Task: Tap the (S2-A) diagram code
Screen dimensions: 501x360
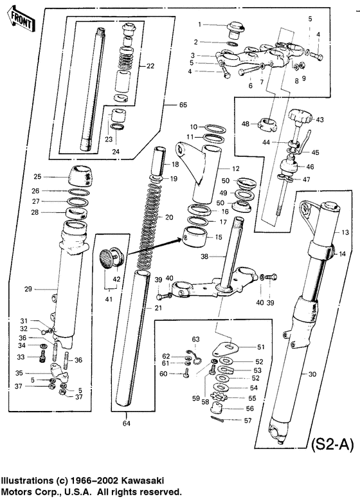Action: [332, 444]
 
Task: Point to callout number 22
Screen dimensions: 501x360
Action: [150, 66]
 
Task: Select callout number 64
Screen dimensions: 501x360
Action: [126, 423]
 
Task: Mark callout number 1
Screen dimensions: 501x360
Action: [200, 24]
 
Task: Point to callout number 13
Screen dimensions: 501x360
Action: [345, 232]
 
